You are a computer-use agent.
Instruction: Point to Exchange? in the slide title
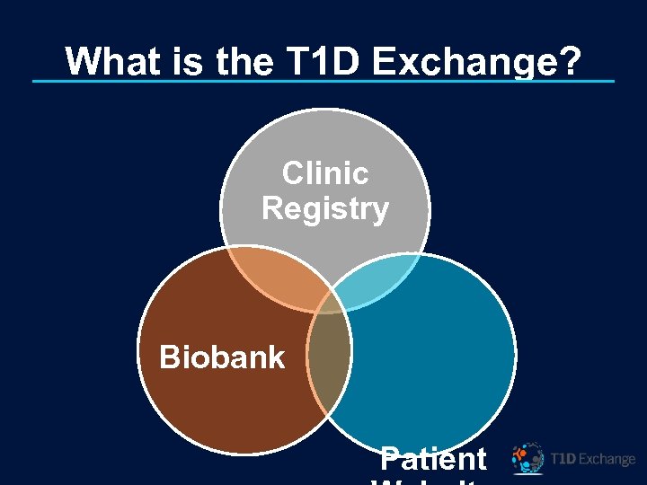(x=476, y=62)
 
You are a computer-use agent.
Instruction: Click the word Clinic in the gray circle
(x=324, y=172)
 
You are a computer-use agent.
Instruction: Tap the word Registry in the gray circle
(x=324, y=208)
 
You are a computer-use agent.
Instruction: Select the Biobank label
(x=221, y=357)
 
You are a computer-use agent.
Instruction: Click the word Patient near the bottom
(x=433, y=458)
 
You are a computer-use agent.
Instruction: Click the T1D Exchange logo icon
(x=527, y=458)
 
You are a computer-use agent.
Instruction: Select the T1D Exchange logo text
(x=592, y=459)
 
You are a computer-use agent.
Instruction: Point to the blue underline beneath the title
(x=323, y=82)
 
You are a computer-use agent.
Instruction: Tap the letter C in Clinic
(x=293, y=172)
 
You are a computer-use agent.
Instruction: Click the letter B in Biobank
(x=169, y=357)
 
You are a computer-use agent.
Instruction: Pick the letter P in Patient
(x=389, y=458)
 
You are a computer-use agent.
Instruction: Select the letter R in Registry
(x=271, y=208)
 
